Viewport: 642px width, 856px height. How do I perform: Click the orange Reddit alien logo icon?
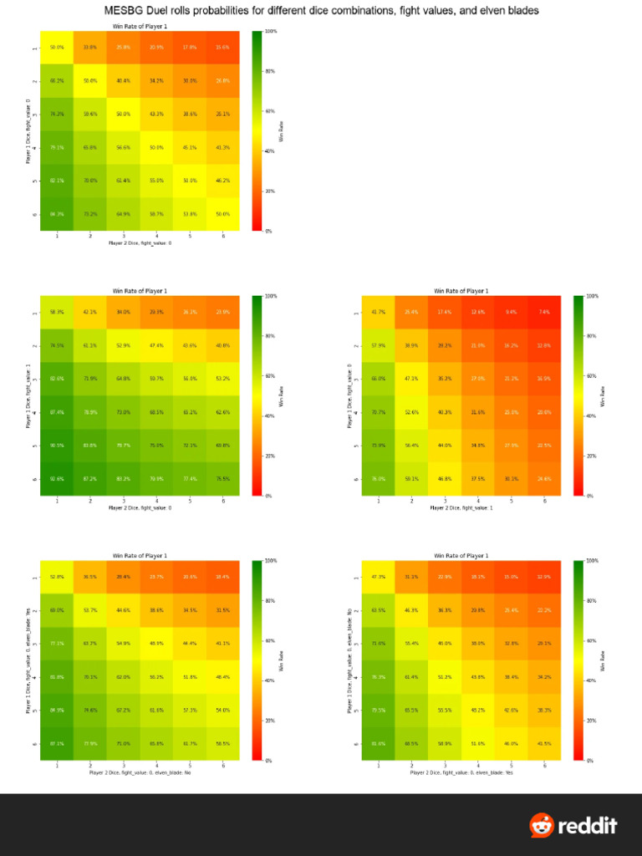pyautogui.click(x=542, y=825)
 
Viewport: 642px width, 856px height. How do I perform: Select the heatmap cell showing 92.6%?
pyautogui.click(x=57, y=479)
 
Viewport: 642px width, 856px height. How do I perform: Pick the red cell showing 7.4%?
pyautogui.click(x=544, y=312)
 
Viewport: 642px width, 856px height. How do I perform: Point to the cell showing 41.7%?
pyautogui.click(x=378, y=312)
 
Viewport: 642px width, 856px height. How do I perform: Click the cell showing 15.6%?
pyautogui.click(x=223, y=48)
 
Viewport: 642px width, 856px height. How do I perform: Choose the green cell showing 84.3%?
pyautogui.click(x=57, y=214)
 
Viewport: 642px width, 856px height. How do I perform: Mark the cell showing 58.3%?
pyautogui.click(x=57, y=312)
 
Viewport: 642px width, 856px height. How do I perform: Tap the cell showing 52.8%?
pyautogui.click(x=57, y=577)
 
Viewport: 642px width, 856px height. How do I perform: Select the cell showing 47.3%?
pyautogui.click(x=378, y=577)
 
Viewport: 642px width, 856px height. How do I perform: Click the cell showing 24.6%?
pyautogui.click(x=544, y=479)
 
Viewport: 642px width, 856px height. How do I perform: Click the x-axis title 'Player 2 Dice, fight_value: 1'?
pyautogui.click(x=461, y=507)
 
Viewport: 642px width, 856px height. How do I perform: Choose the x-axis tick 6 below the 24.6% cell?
pyautogui.click(x=544, y=500)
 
